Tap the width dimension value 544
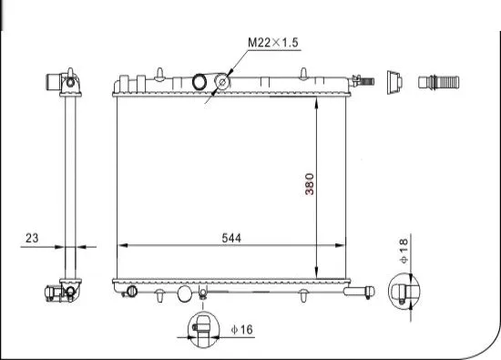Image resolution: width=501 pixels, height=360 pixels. click(233, 237)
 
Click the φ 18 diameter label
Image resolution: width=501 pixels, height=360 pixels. click(404, 251)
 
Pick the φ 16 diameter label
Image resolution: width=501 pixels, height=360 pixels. click(241, 330)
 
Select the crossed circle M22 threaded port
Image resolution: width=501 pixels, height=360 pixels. click(221, 84)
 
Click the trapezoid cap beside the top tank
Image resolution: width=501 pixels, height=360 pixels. click(394, 82)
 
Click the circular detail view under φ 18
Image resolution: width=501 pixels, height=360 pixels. click(404, 292)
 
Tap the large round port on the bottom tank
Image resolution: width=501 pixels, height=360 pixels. click(186, 294)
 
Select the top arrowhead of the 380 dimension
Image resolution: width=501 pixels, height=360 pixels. click(315, 102)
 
